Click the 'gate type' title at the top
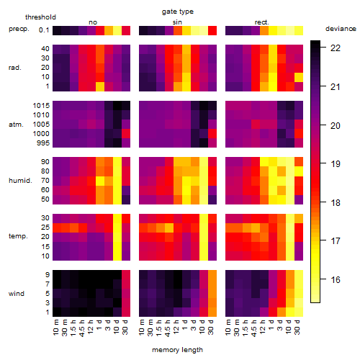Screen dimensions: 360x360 pyautogui.click(x=178, y=12)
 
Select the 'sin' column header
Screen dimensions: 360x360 pyautogui.click(x=177, y=22)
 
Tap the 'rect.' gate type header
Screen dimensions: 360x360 pyautogui.click(x=262, y=22)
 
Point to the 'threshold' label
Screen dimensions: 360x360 pyautogui.click(x=40, y=17)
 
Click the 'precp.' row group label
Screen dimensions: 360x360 pyautogui.click(x=19, y=29)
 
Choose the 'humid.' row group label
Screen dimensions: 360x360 pyautogui.click(x=20, y=181)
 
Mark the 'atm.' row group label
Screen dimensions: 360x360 pyautogui.click(x=16, y=125)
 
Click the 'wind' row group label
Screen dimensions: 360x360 pyautogui.click(x=17, y=294)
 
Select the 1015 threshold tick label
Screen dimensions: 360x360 pyautogui.click(x=41, y=106)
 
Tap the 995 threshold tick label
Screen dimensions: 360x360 pyautogui.click(x=43, y=143)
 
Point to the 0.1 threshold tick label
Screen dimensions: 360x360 pyautogui.click(x=44, y=30)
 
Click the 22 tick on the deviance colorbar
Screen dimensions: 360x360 pyautogui.click(x=336, y=48)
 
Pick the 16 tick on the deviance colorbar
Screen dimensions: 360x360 pyautogui.click(x=336, y=280)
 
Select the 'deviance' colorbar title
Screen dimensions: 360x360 pyautogui.click(x=341, y=29)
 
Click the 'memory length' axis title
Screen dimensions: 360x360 pyautogui.click(x=178, y=350)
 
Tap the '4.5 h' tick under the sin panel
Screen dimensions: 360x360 pyautogui.click(x=168, y=328)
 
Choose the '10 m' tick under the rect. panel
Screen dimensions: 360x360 pyautogui.click(x=228, y=328)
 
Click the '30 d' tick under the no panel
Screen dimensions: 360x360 pyautogui.click(x=125, y=328)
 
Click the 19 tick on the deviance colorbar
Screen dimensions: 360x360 pyautogui.click(x=336, y=164)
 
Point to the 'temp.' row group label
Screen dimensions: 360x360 pyautogui.click(x=18, y=236)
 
